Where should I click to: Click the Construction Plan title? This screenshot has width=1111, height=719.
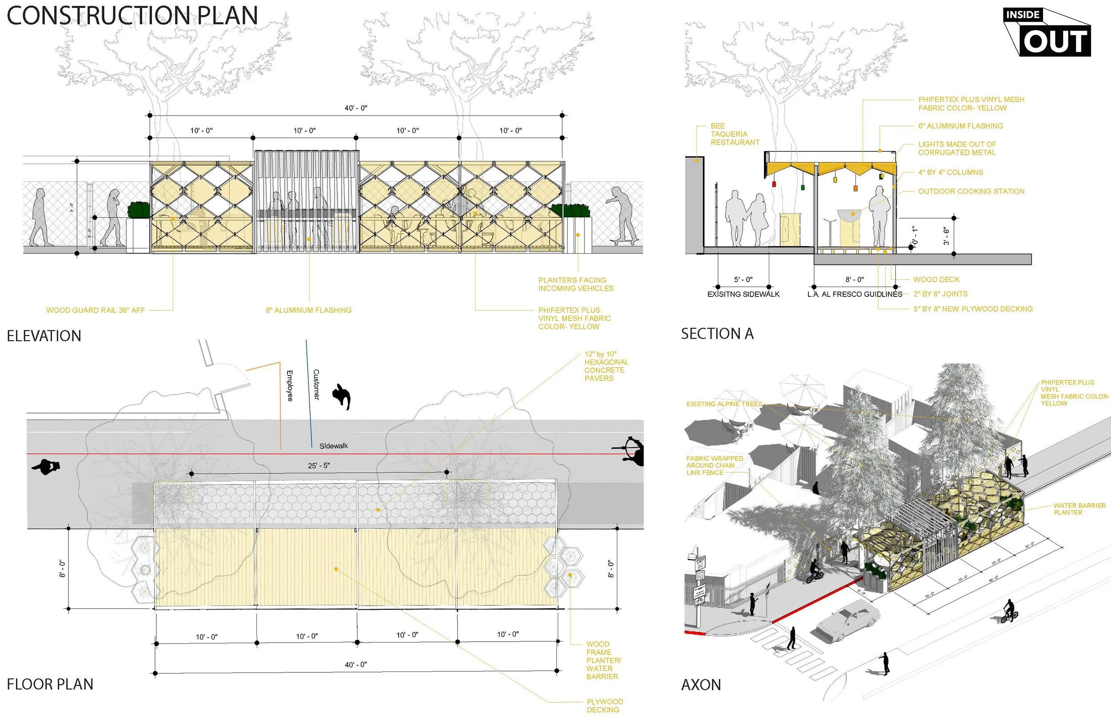pos(132,16)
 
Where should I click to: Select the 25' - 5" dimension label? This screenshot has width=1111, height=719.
pos(319,465)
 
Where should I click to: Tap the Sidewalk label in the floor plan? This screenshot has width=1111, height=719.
pos(333,446)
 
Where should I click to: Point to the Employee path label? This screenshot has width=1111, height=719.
pos(290,386)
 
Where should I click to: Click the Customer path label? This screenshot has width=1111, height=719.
pos(316,384)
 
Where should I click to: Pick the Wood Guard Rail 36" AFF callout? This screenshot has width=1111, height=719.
pos(95,310)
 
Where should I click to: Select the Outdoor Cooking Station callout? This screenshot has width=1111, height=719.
pos(971,192)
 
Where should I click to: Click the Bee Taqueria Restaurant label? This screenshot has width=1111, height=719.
pos(734,134)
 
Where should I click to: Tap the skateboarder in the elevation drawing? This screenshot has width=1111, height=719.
pos(622,216)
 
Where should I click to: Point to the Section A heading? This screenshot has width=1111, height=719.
pos(717,334)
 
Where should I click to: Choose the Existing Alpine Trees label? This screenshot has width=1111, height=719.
pos(724,404)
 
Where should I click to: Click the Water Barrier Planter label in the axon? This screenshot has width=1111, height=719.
pos(1079,509)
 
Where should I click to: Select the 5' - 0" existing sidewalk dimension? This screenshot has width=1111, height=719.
pos(743,280)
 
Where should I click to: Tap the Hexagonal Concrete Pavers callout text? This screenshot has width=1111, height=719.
pos(606,366)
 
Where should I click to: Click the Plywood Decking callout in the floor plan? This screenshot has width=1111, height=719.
pos(604,706)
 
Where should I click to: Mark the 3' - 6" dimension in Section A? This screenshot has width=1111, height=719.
pos(946,236)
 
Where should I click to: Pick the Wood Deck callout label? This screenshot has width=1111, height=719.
pos(936,280)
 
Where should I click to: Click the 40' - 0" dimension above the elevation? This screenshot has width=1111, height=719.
pos(356,108)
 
